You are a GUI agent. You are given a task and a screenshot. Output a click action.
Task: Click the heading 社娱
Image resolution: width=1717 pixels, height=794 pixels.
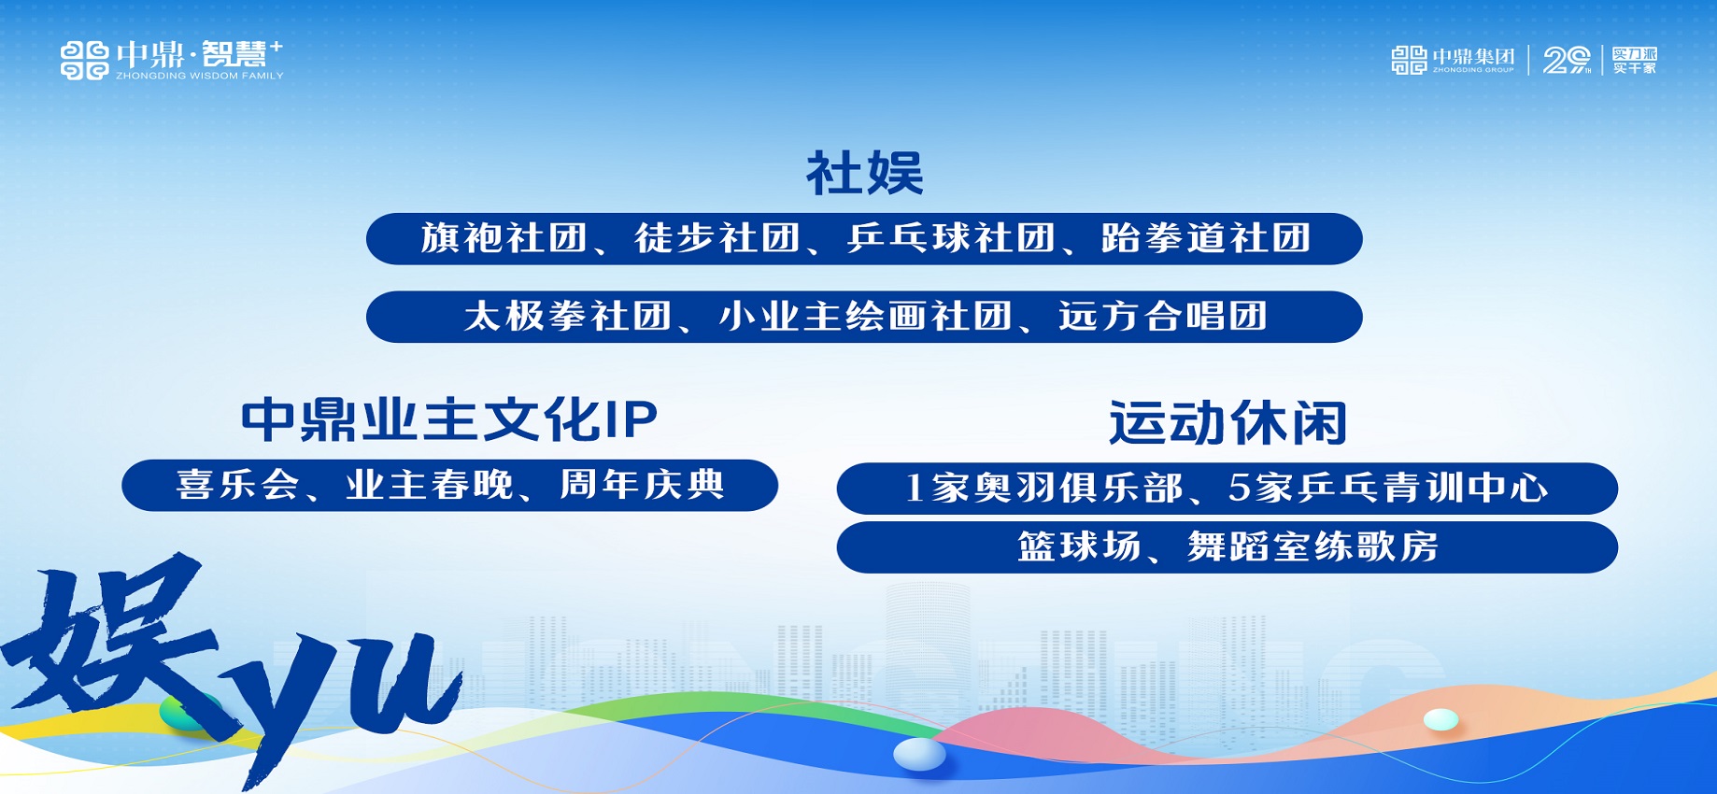click(x=865, y=174)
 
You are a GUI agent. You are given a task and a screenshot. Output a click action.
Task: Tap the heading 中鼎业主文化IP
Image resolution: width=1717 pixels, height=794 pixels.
click(x=449, y=419)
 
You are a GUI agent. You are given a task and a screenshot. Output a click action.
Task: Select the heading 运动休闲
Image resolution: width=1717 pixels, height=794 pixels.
click(x=1227, y=423)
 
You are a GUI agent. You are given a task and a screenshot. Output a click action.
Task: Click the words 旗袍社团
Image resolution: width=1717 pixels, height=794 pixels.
click(x=504, y=238)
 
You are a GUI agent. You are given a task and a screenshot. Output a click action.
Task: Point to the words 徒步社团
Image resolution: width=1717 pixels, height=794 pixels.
click(x=717, y=238)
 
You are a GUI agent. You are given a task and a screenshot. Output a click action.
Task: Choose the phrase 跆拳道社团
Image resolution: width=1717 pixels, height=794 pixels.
click(x=1206, y=238)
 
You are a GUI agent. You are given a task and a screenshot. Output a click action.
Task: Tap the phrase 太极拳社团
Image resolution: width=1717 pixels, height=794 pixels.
click(x=568, y=317)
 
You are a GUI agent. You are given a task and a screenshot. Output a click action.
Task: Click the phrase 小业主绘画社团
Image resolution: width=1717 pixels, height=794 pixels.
click(x=866, y=317)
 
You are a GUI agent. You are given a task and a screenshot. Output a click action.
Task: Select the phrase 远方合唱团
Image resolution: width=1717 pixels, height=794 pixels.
click(x=1163, y=317)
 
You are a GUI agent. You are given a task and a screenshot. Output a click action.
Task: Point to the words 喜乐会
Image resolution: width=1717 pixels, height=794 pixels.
click(x=238, y=485)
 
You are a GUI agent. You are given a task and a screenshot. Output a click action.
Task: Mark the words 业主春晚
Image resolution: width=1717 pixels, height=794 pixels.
click(x=430, y=485)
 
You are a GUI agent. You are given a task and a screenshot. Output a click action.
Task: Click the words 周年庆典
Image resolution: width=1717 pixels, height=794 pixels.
click(x=643, y=485)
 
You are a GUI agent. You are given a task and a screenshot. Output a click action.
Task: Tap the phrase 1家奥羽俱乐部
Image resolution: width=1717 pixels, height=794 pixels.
click(x=1044, y=488)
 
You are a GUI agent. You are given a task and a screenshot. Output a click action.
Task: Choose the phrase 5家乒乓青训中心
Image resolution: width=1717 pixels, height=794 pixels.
click(x=1389, y=488)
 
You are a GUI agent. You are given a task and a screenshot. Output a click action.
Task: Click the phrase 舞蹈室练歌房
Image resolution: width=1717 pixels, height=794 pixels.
click(x=1313, y=546)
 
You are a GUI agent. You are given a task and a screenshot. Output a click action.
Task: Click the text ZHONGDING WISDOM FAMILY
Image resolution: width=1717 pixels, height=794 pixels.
click(x=200, y=76)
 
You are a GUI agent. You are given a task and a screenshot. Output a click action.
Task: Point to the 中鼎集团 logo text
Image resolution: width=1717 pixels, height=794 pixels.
click(x=1474, y=57)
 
